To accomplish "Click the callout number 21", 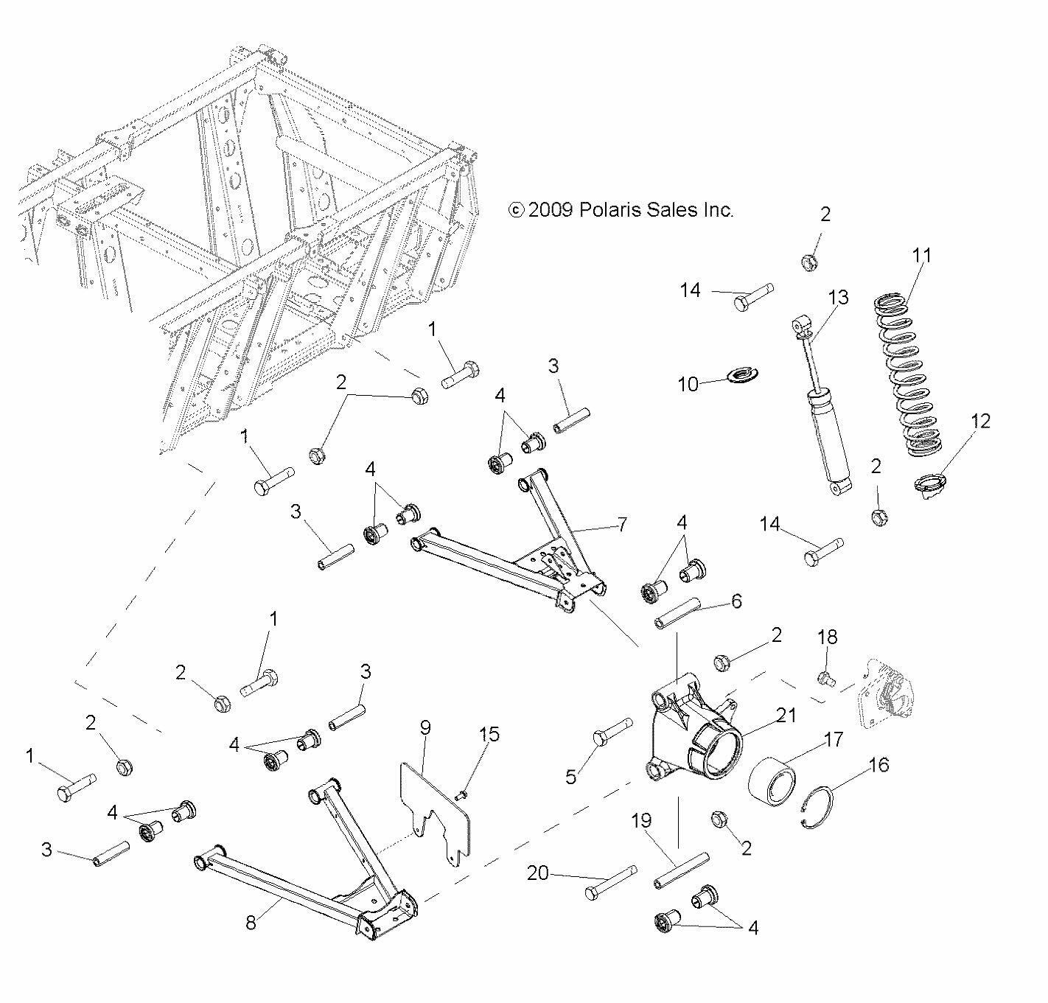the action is click(786, 716).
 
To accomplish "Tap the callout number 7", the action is click(622, 524).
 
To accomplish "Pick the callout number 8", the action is click(251, 923).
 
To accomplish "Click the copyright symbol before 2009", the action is click(517, 210).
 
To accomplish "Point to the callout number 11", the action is click(921, 255).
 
